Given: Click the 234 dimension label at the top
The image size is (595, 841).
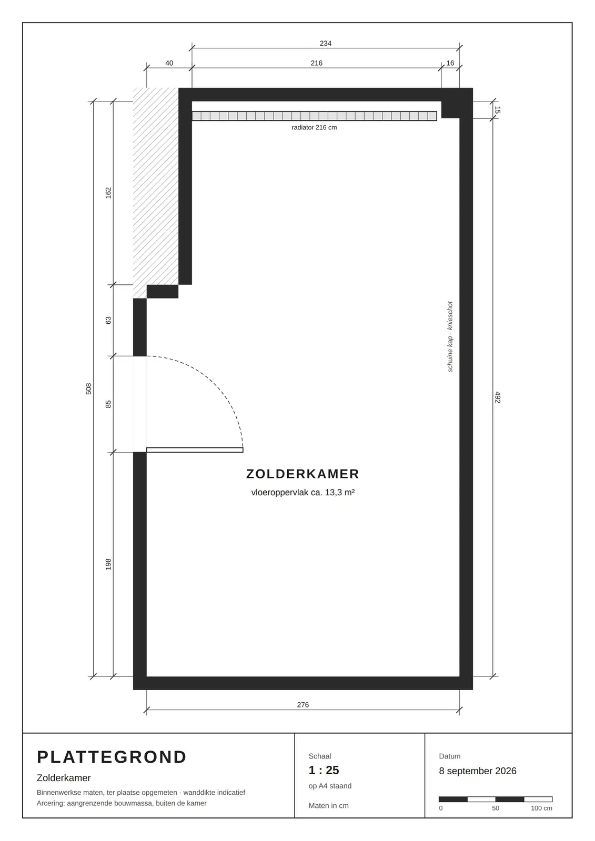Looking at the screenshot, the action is [326, 43].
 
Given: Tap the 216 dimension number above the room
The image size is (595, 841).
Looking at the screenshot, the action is [317, 63].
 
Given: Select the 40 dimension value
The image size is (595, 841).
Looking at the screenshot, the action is [169, 63].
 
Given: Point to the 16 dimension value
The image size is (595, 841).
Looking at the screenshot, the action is [450, 63].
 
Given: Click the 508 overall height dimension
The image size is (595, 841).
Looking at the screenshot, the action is [88, 388].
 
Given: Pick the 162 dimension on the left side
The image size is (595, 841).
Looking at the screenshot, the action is [108, 192].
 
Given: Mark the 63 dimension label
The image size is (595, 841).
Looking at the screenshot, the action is [108, 320].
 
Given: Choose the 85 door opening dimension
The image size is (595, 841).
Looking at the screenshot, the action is [108, 404].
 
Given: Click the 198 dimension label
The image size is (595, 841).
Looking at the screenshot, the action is [108, 564].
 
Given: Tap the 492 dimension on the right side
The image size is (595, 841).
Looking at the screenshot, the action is [498, 397].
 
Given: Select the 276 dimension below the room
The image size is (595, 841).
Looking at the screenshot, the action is [303, 705].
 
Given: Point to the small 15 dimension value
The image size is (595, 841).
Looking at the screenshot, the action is [498, 110].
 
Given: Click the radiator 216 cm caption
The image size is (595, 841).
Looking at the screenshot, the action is [314, 127].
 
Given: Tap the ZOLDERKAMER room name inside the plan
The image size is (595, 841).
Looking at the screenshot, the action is [302, 474].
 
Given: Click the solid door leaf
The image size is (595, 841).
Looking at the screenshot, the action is [195, 450].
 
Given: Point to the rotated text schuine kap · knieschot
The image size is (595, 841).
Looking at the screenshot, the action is [450, 336].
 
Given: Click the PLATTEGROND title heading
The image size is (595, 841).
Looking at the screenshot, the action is [112, 757].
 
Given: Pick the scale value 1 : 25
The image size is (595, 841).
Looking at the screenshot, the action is [324, 770].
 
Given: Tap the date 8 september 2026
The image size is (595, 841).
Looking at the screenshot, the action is [477, 771].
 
